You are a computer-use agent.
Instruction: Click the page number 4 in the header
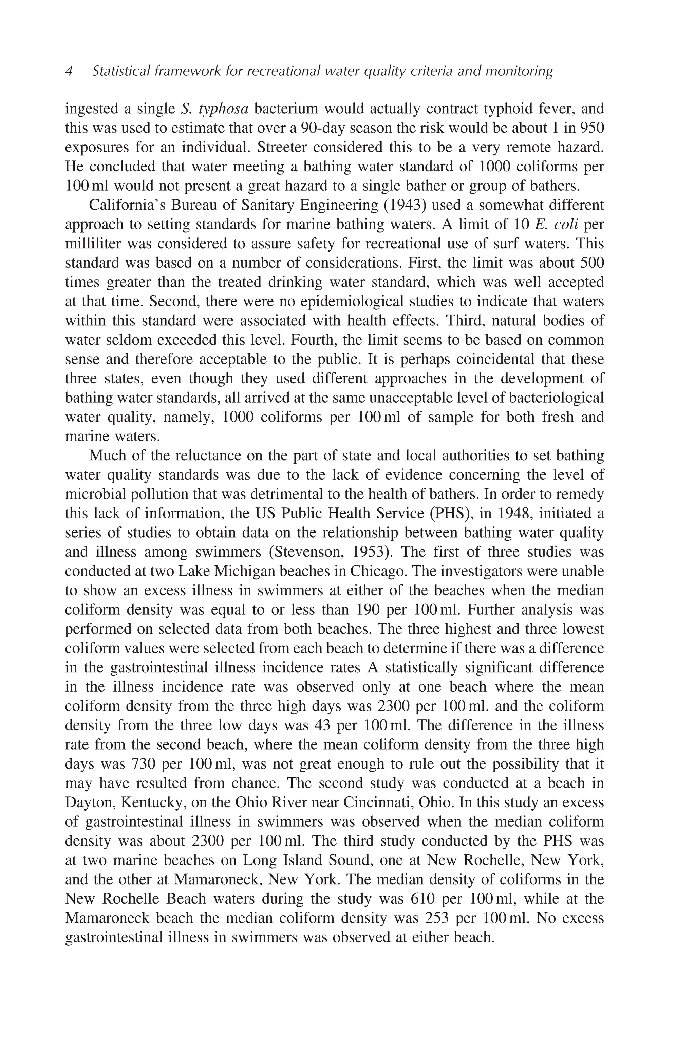[x=69, y=71]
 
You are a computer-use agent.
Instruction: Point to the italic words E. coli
[x=556, y=225]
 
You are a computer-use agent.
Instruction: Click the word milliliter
[x=92, y=244]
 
